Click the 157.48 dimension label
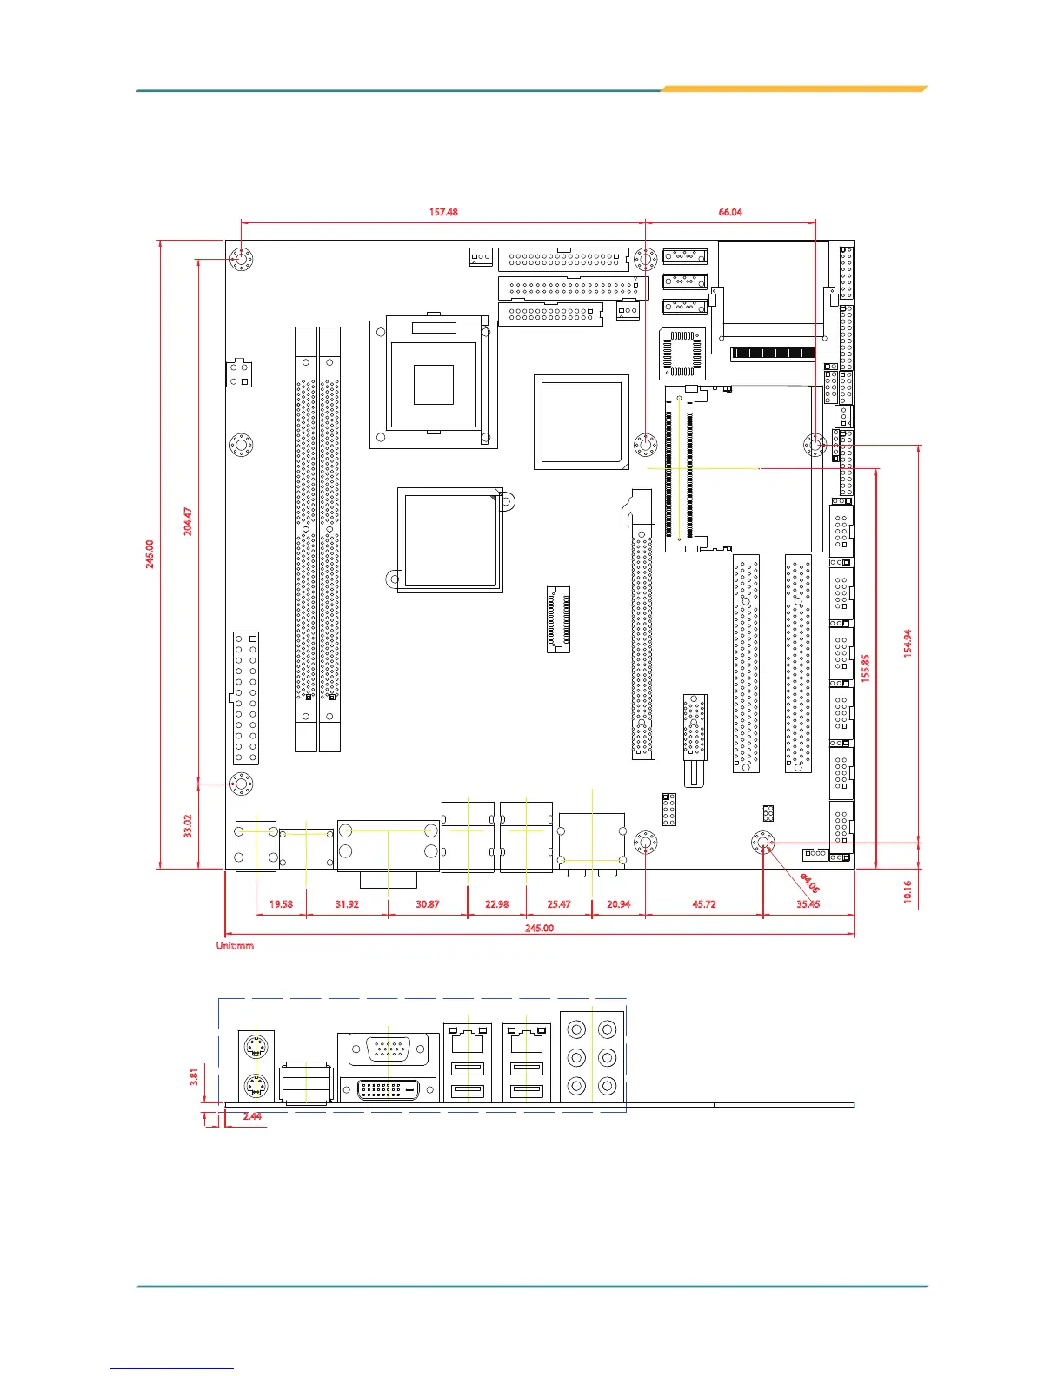(x=443, y=212)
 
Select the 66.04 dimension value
(x=730, y=212)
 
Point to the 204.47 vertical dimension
(x=188, y=521)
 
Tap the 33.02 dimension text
(x=188, y=826)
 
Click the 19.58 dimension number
(x=281, y=904)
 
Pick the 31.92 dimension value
(x=347, y=904)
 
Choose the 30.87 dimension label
(x=427, y=904)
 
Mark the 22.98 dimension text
(x=497, y=904)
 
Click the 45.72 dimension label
(x=704, y=904)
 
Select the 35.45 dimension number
(x=808, y=904)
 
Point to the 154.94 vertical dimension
(x=908, y=644)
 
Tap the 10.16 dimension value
(x=908, y=891)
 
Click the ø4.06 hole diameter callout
(x=810, y=883)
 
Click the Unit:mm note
(x=235, y=945)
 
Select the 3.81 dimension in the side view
(x=194, y=1077)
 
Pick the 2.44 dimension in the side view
(x=252, y=1115)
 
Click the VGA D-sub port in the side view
(x=388, y=1050)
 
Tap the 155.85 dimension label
(x=866, y=668)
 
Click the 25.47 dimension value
(x=559, y=904)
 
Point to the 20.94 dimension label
(x=619, y=904)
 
